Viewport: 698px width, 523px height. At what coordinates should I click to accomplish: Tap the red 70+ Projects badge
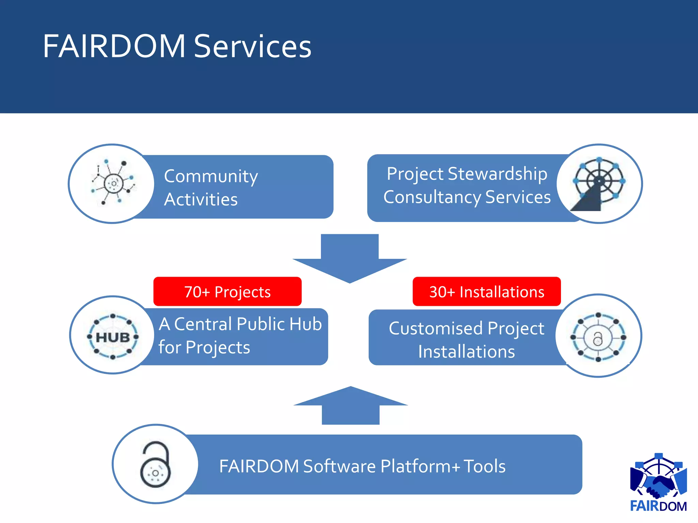227,292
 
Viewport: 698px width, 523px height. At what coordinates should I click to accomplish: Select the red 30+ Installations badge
487,292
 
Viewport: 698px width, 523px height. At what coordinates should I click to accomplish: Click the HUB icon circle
113,336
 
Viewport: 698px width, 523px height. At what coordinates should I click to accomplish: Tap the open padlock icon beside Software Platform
155,464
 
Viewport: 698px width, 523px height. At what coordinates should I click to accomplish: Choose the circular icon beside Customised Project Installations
598,336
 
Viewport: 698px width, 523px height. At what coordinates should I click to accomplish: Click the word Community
211,176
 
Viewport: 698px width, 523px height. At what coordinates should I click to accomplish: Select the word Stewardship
497,174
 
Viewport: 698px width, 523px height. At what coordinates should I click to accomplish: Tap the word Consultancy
432,197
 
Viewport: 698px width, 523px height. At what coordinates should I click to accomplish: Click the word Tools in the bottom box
484,466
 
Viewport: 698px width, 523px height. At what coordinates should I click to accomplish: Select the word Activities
201,200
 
